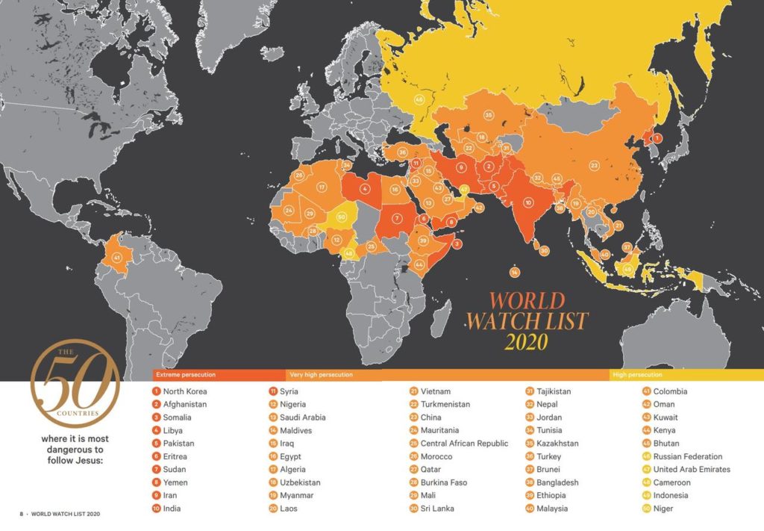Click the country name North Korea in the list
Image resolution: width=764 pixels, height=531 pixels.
[185, 391]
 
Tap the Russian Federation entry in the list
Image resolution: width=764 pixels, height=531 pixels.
[687, 456]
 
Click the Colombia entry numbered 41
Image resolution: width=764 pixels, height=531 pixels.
[670, 391]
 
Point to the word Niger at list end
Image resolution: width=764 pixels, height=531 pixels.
[663, 509]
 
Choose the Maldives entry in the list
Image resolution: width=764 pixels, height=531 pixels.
[295, 430]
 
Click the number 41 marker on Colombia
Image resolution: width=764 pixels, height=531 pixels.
[117, 258]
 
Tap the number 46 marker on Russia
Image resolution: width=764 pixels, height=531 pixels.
[419, 99]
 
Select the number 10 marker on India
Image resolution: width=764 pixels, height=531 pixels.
[528, 202]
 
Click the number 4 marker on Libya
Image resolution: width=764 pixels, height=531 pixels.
[366, 188]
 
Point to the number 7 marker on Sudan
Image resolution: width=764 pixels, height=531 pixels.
[398, 219]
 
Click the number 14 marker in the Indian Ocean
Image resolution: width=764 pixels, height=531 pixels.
[515, 272]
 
